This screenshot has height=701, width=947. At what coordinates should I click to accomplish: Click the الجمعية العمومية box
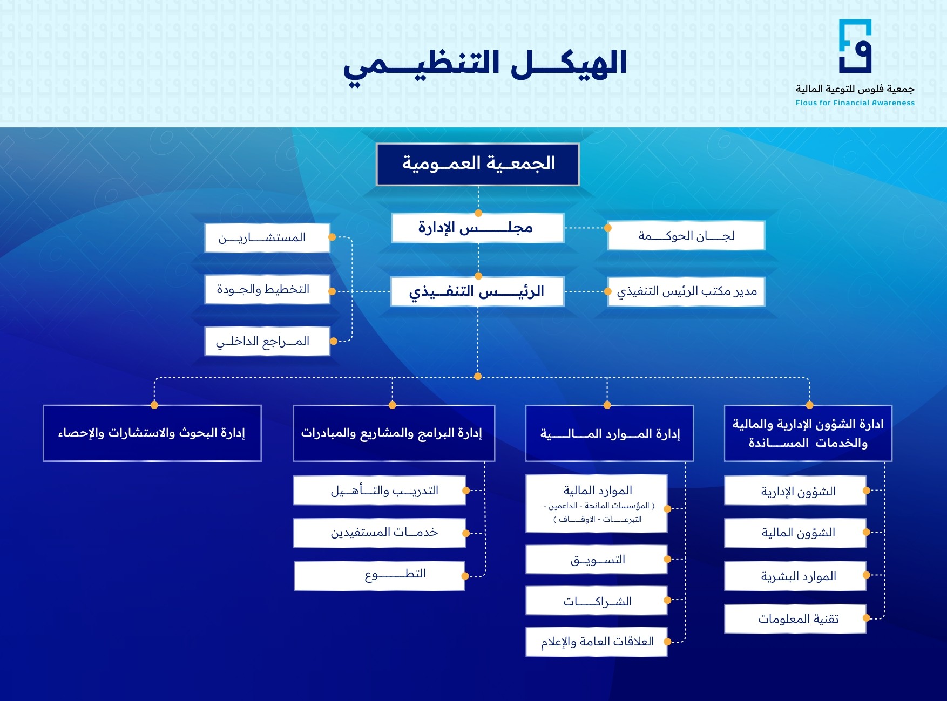point(478,164)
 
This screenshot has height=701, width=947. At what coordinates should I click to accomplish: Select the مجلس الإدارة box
point(477,228)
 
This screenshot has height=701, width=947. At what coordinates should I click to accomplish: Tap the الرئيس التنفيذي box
point(477,291)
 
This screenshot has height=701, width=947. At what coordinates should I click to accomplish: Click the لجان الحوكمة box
point(686,236)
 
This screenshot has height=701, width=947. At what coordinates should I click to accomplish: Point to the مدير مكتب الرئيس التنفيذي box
point(686,291)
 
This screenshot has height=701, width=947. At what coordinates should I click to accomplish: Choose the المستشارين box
point(267,238)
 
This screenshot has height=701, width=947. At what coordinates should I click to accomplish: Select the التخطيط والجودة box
point(267,290)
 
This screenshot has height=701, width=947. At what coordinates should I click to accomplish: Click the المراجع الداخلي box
point(267,341)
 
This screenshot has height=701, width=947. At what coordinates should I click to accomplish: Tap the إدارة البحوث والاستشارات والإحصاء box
point(152,433)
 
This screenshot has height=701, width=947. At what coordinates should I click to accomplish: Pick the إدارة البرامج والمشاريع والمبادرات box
point(394,433)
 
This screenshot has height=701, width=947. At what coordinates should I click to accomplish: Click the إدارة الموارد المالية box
point(609,433)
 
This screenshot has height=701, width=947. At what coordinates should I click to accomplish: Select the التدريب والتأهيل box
point(380,491)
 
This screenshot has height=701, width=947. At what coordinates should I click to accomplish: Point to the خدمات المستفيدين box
point(380,533)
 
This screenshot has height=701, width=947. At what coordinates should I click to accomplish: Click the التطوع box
point(380,575)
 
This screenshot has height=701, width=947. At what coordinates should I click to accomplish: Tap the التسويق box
point(597,559)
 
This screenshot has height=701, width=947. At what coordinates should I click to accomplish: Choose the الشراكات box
point(597,601)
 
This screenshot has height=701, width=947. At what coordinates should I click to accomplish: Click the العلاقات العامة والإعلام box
point(597,642)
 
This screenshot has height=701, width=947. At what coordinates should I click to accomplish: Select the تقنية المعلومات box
point(795,618)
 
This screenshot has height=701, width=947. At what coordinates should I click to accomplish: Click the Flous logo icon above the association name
point(855,46)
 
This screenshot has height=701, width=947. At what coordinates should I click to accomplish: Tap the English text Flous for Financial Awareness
point(855,103)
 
